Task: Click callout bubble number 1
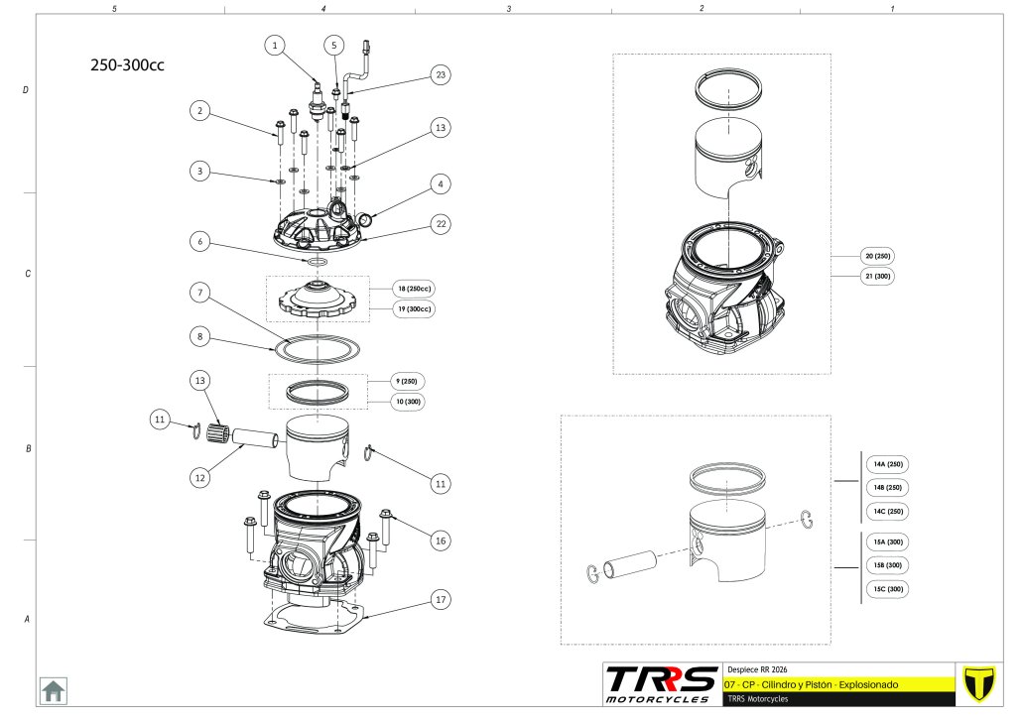pos(276,45)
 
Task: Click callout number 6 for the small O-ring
pos(200,241)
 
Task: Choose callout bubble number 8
pos(200,337)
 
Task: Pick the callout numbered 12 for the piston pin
pos(200,476)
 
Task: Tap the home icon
pos(53,690)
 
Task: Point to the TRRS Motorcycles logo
pos(662,684)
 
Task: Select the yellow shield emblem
pos(978,684)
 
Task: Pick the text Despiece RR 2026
pos(757,669)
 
